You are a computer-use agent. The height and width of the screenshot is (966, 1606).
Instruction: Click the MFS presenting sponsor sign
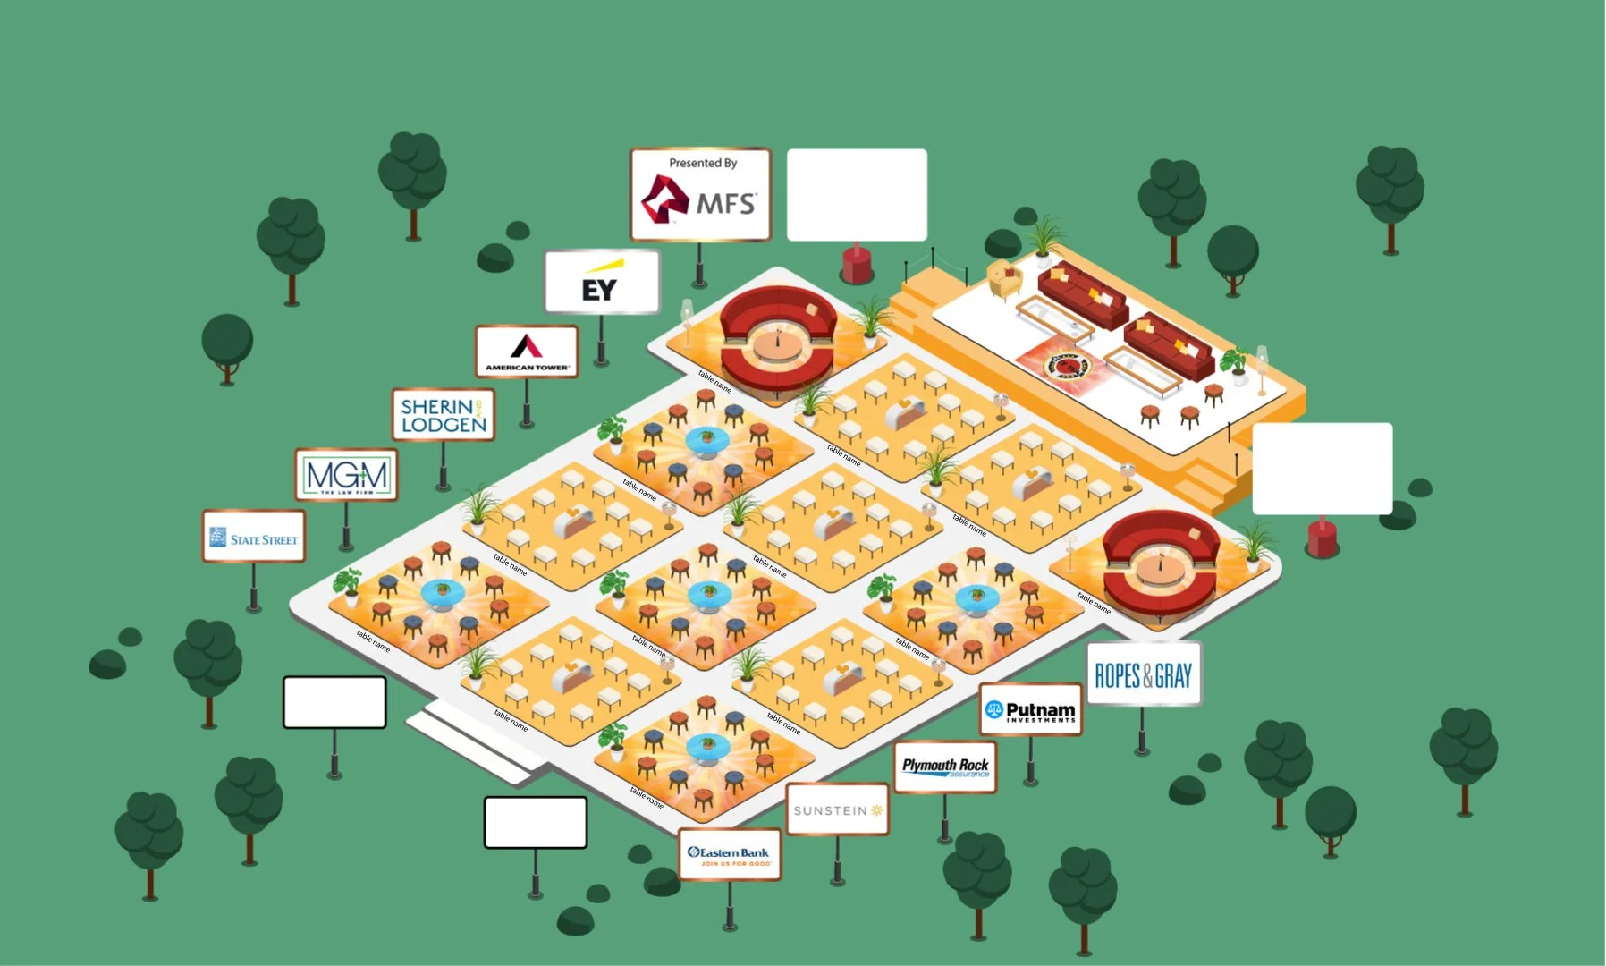point(700,194)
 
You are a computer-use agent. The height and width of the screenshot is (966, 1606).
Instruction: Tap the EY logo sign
point(602,282)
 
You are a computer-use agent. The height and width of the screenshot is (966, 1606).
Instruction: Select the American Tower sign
point(527,351)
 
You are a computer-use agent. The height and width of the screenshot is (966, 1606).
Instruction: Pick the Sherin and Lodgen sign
point(443,415)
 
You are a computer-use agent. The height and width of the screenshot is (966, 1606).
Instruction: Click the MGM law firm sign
point(346,474)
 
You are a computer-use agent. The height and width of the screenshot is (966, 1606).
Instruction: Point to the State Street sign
point(254,537)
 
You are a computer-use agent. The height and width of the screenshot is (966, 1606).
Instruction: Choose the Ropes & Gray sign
point(1143,674)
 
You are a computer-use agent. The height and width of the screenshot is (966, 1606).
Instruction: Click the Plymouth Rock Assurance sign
point(945,767)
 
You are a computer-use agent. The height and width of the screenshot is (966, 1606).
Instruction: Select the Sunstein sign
point(837,809)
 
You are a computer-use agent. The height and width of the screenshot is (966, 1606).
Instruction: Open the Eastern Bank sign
point(729,854)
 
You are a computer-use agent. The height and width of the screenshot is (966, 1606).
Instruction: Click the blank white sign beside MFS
point(857,195)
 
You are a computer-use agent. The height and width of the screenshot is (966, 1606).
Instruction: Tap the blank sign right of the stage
point(1322,469)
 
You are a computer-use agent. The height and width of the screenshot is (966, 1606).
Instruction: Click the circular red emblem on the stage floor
point(1066,365)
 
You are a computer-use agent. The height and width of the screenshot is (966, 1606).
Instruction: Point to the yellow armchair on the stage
point(1004,278)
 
